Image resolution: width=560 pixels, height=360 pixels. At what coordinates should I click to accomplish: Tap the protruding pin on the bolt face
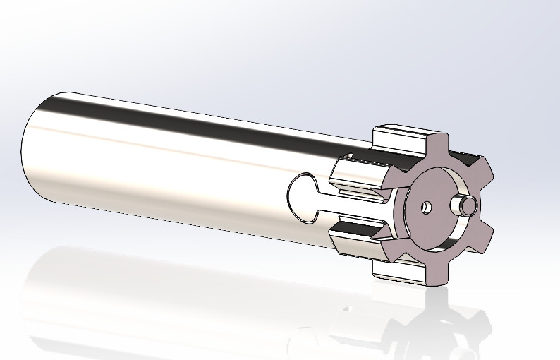[x=466, y=205]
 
